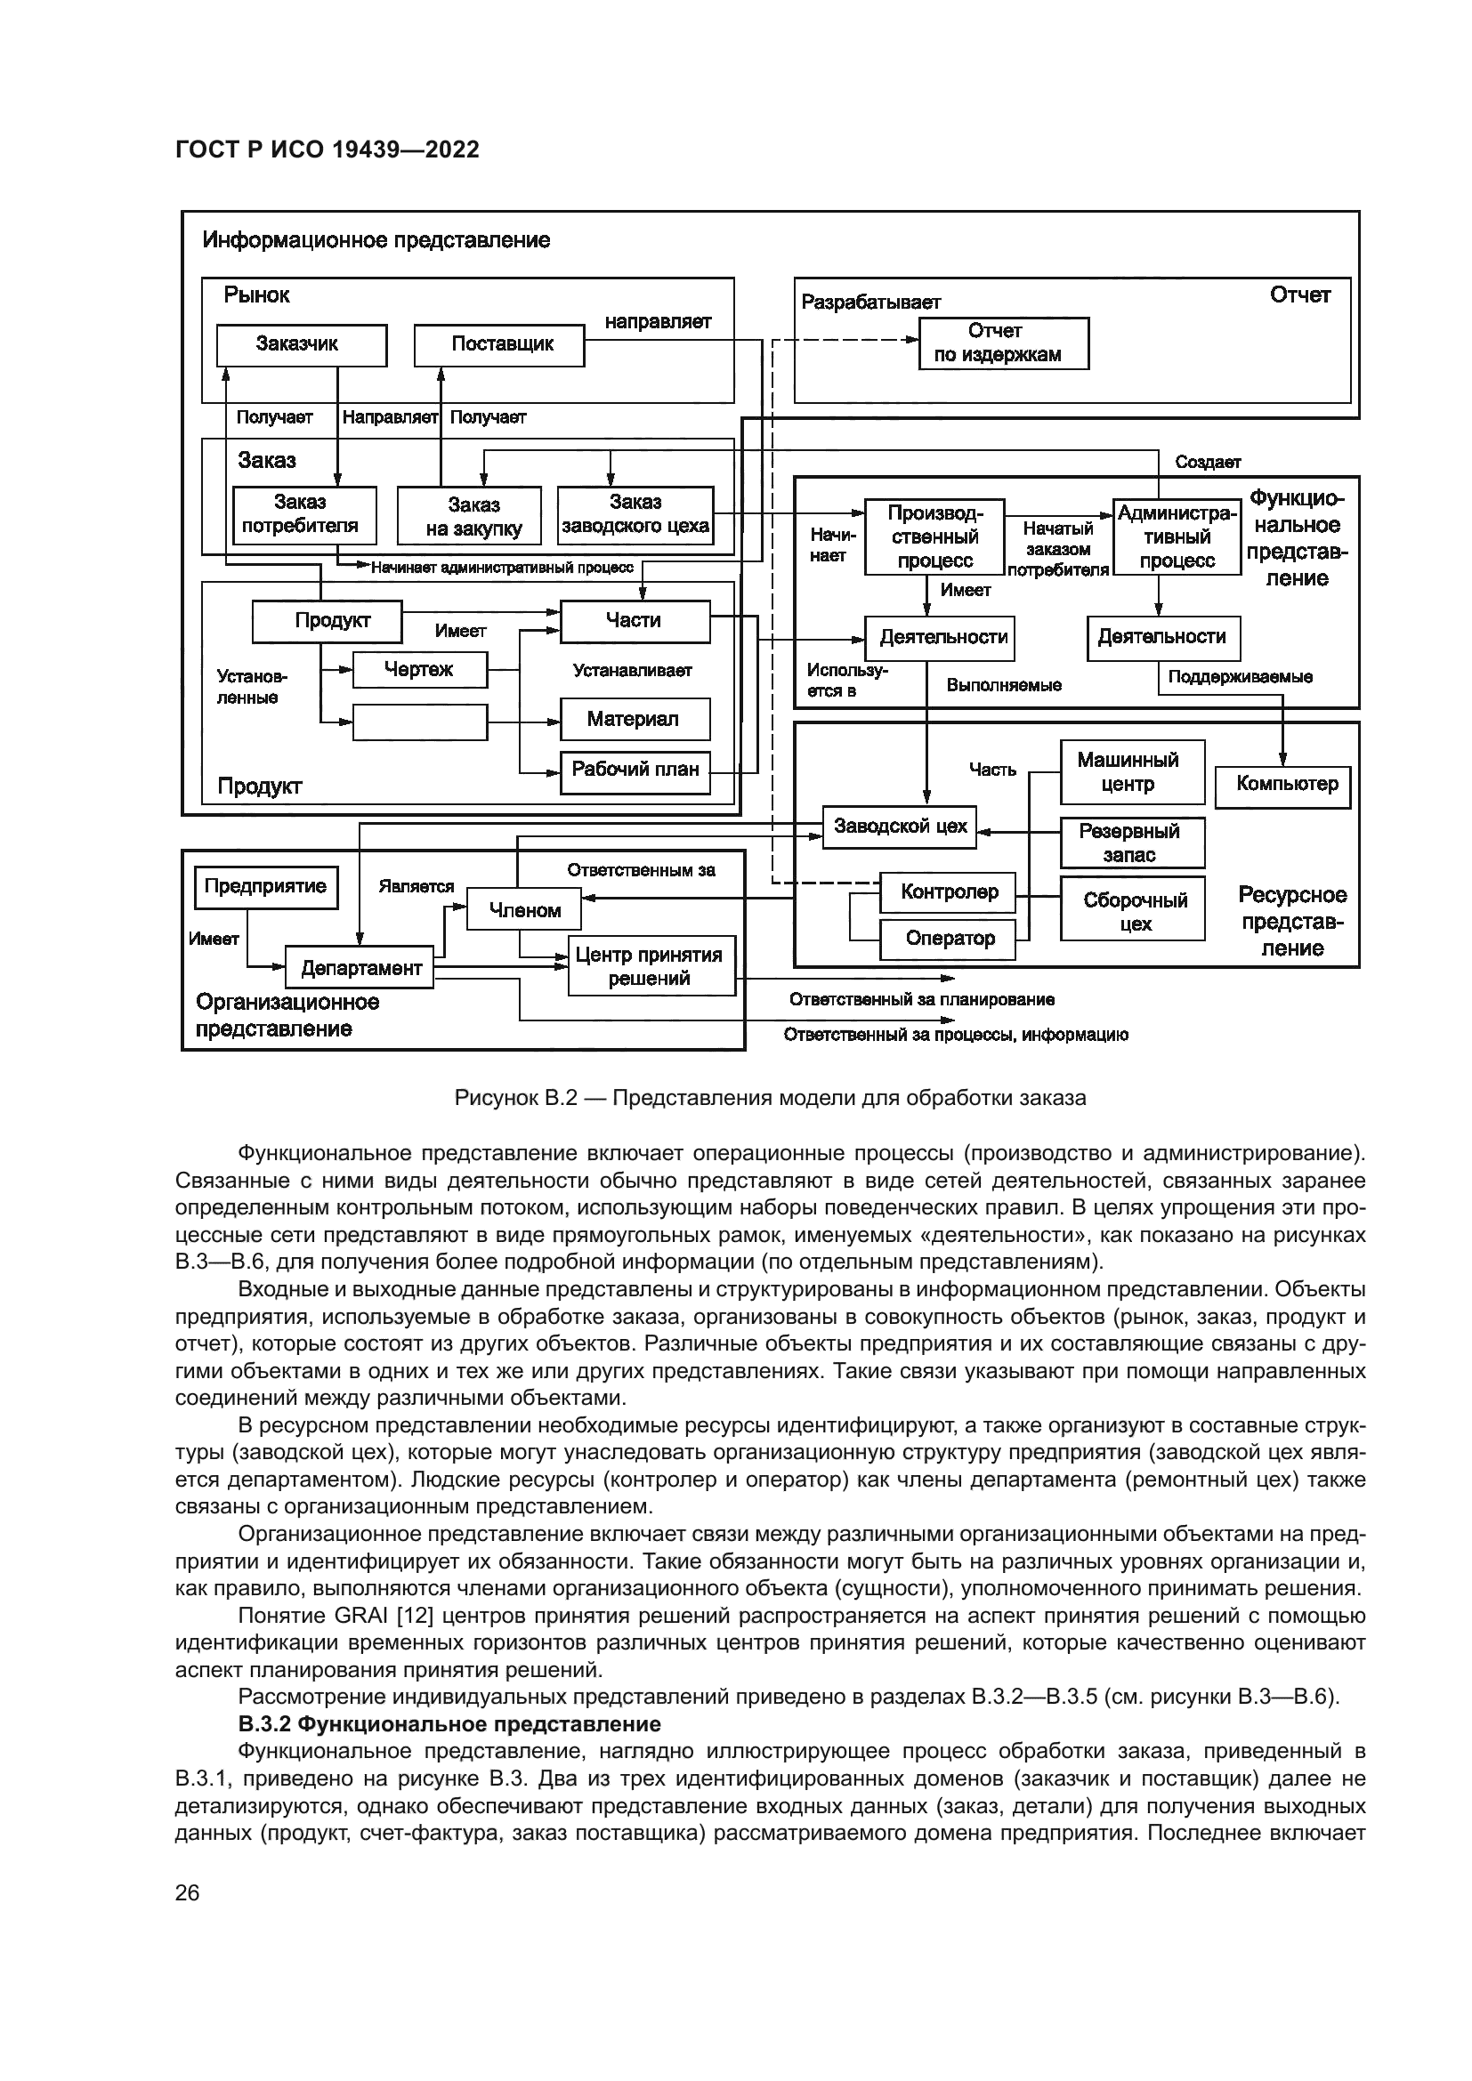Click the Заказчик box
301,344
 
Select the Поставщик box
498,344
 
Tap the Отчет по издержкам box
1003,343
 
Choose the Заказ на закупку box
469,517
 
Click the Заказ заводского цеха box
635,515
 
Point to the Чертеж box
419,670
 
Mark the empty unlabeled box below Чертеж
419,722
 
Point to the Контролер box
947,892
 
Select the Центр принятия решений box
651,966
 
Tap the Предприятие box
265,887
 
